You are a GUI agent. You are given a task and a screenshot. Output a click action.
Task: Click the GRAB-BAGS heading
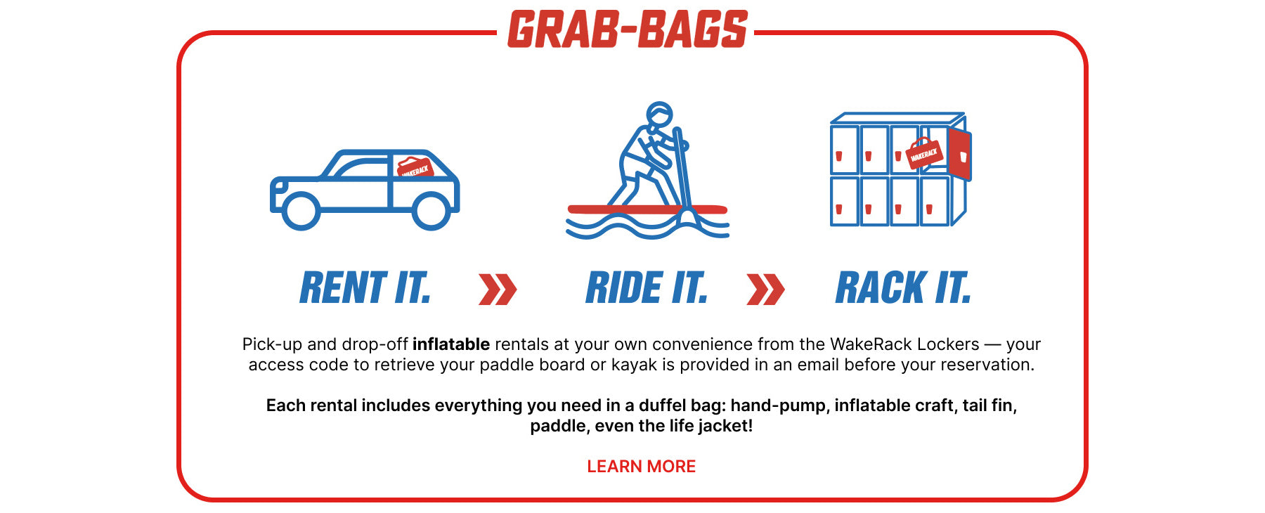click(627, 30)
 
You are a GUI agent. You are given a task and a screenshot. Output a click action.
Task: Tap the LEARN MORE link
click(641, 467)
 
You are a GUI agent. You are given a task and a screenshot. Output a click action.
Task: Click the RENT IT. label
click(365, 288)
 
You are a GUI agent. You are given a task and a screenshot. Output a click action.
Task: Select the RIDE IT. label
click(647, 288)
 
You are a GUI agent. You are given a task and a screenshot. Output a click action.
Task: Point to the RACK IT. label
click(903, 288)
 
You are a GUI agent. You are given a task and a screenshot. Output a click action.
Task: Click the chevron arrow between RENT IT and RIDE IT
click(498, 290)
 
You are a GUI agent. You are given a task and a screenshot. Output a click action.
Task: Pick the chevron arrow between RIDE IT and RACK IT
click(765, 290)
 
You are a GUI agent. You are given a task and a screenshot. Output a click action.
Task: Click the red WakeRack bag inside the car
click(415, 168)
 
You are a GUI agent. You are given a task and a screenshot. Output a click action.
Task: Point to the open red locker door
click(959, 154)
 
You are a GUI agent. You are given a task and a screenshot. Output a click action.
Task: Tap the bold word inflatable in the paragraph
click(450, 344)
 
